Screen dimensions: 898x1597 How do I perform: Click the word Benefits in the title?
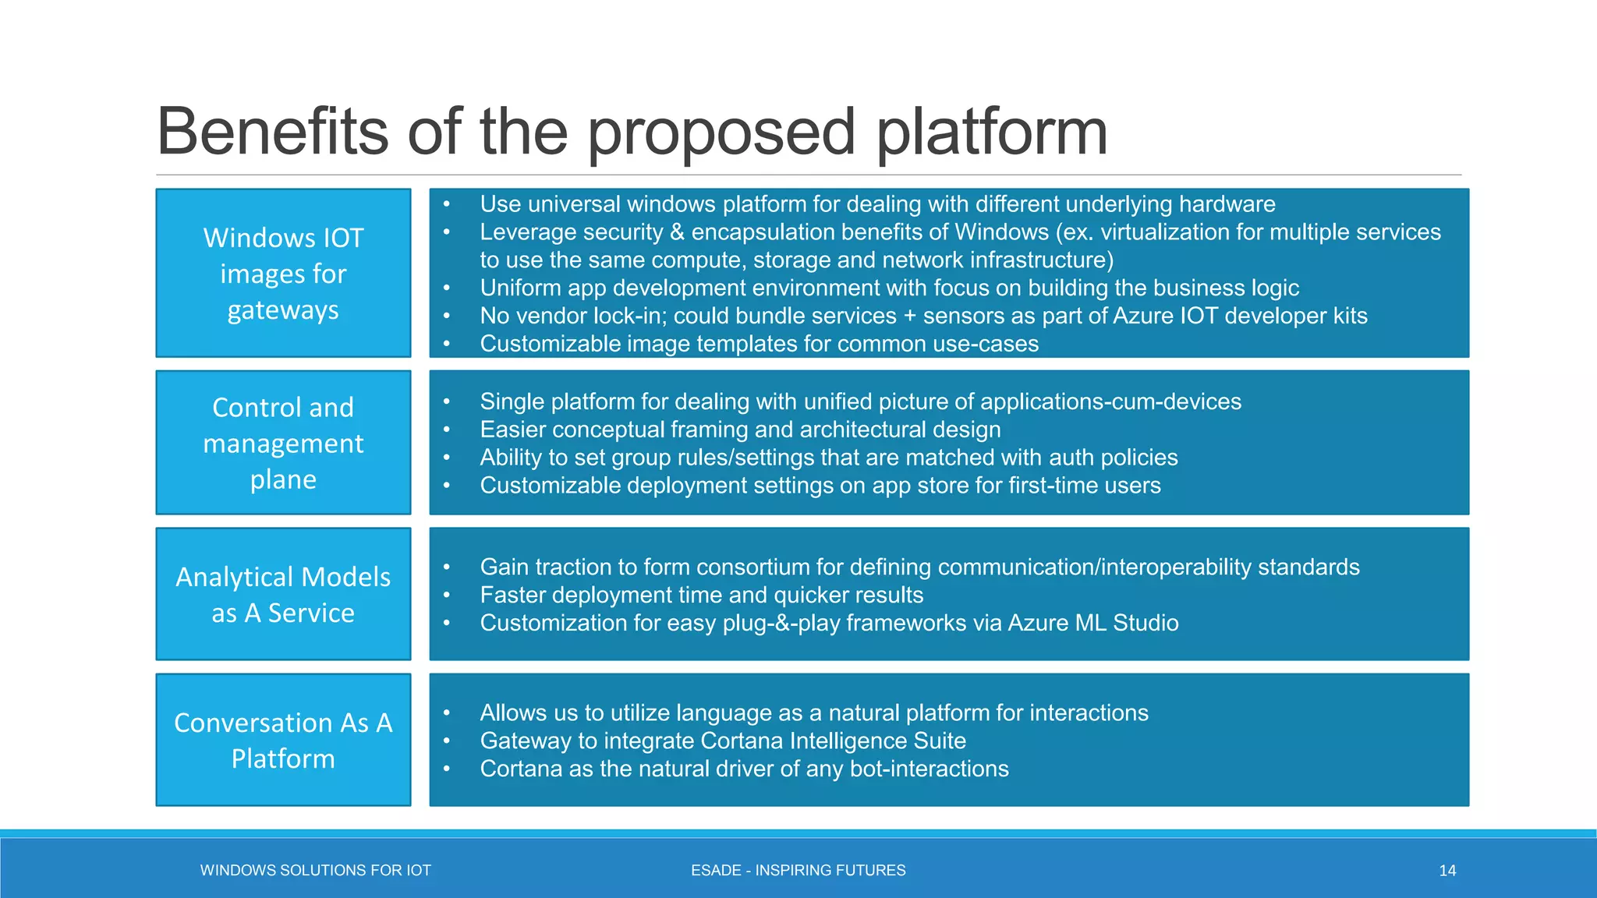click(x=272, y=131)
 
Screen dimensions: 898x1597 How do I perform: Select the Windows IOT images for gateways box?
click(x=283, y=273)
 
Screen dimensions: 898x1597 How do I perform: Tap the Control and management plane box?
click(x=283, y=443)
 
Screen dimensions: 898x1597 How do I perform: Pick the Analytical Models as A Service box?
click(x=283, y=594)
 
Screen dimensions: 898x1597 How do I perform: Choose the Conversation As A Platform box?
click(x=283, y=740)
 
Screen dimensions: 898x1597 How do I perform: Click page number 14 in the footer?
click(x=1447, y=871)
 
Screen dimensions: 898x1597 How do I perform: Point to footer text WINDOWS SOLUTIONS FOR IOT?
click(x=315, y=871)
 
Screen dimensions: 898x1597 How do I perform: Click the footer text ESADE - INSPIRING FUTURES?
click(x=798, y=871)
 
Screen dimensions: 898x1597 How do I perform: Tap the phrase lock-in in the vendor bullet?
click(x=630, y=316)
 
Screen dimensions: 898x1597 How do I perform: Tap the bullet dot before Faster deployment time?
click(x=447, y=596)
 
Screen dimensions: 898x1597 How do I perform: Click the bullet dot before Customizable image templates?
click(x=447, y=345)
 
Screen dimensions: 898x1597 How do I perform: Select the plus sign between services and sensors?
click(x=909, y=316)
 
